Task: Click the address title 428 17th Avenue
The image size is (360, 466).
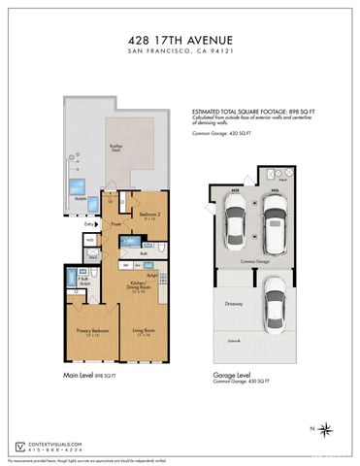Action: (x=180, y=40)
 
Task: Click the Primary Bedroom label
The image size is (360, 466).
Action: (x=89, y=332)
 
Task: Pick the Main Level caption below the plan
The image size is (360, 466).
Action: (x=90, y=375)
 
